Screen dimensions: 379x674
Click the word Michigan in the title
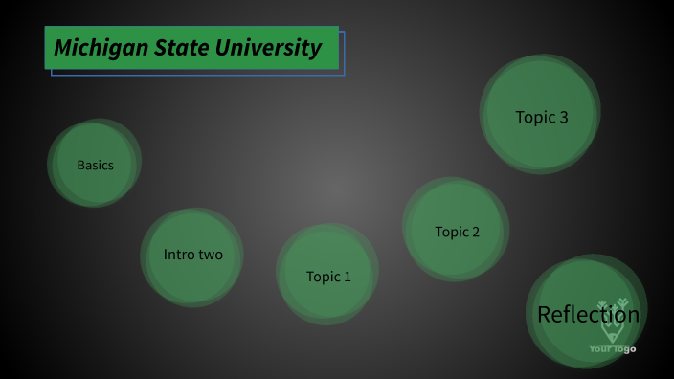(x=94, y=47)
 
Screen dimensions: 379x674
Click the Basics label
(x=95, y=165)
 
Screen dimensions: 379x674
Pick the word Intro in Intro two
(x=179, y=255)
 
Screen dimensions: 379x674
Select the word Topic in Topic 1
(x=322, y=277)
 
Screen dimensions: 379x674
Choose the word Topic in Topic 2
(x=451, y=232)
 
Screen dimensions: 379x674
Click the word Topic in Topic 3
(x=534, y=117)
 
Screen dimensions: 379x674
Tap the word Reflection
(x=588, y=314)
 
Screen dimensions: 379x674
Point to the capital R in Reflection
(x=544, y=314)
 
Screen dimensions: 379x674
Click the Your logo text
(x=612, y=348)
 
